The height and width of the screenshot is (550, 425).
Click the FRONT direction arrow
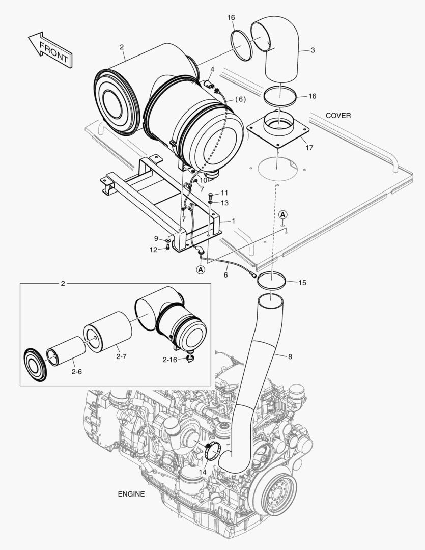click(49, 50)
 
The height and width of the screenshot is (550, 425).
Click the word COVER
click(338, 116)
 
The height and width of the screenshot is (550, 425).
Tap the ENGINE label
click(131, 494)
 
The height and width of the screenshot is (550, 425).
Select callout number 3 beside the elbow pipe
click(313, 50)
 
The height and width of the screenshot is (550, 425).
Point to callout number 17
click(309, 148)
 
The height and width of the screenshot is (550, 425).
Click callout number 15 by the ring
click(302, 282)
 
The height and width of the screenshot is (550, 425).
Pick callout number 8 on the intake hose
click(290, 357)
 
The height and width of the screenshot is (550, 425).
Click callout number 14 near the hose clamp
click(203, 472)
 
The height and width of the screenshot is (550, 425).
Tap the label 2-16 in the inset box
click(170, 360)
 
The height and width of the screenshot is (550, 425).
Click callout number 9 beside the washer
click(156, 238)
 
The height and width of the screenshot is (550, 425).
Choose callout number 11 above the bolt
click(224, 193)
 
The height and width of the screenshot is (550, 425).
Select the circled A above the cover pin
click(283, 214)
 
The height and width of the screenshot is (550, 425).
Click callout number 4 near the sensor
click(212, 69)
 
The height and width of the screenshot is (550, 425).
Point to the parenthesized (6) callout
click(240, 99)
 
